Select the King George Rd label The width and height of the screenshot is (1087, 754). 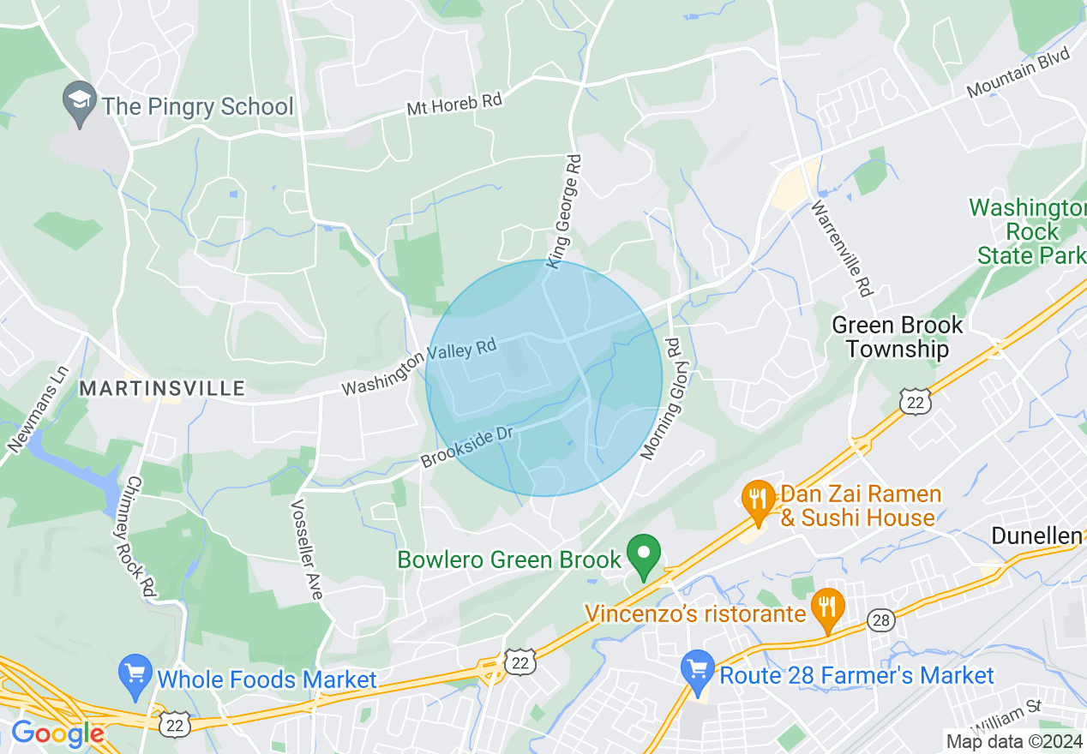(563, 211)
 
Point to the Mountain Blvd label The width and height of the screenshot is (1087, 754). (1019, 72)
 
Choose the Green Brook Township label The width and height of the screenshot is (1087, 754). (898, 337)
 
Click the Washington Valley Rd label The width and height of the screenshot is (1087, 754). (419, 368)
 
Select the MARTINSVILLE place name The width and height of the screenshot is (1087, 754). (162, 389)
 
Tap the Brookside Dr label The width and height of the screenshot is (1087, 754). (467, 447)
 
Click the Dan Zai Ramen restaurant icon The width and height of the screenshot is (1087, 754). (758, 504)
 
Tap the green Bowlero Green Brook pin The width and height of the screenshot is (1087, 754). (645, 556)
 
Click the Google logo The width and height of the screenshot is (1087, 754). (57, 733)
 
